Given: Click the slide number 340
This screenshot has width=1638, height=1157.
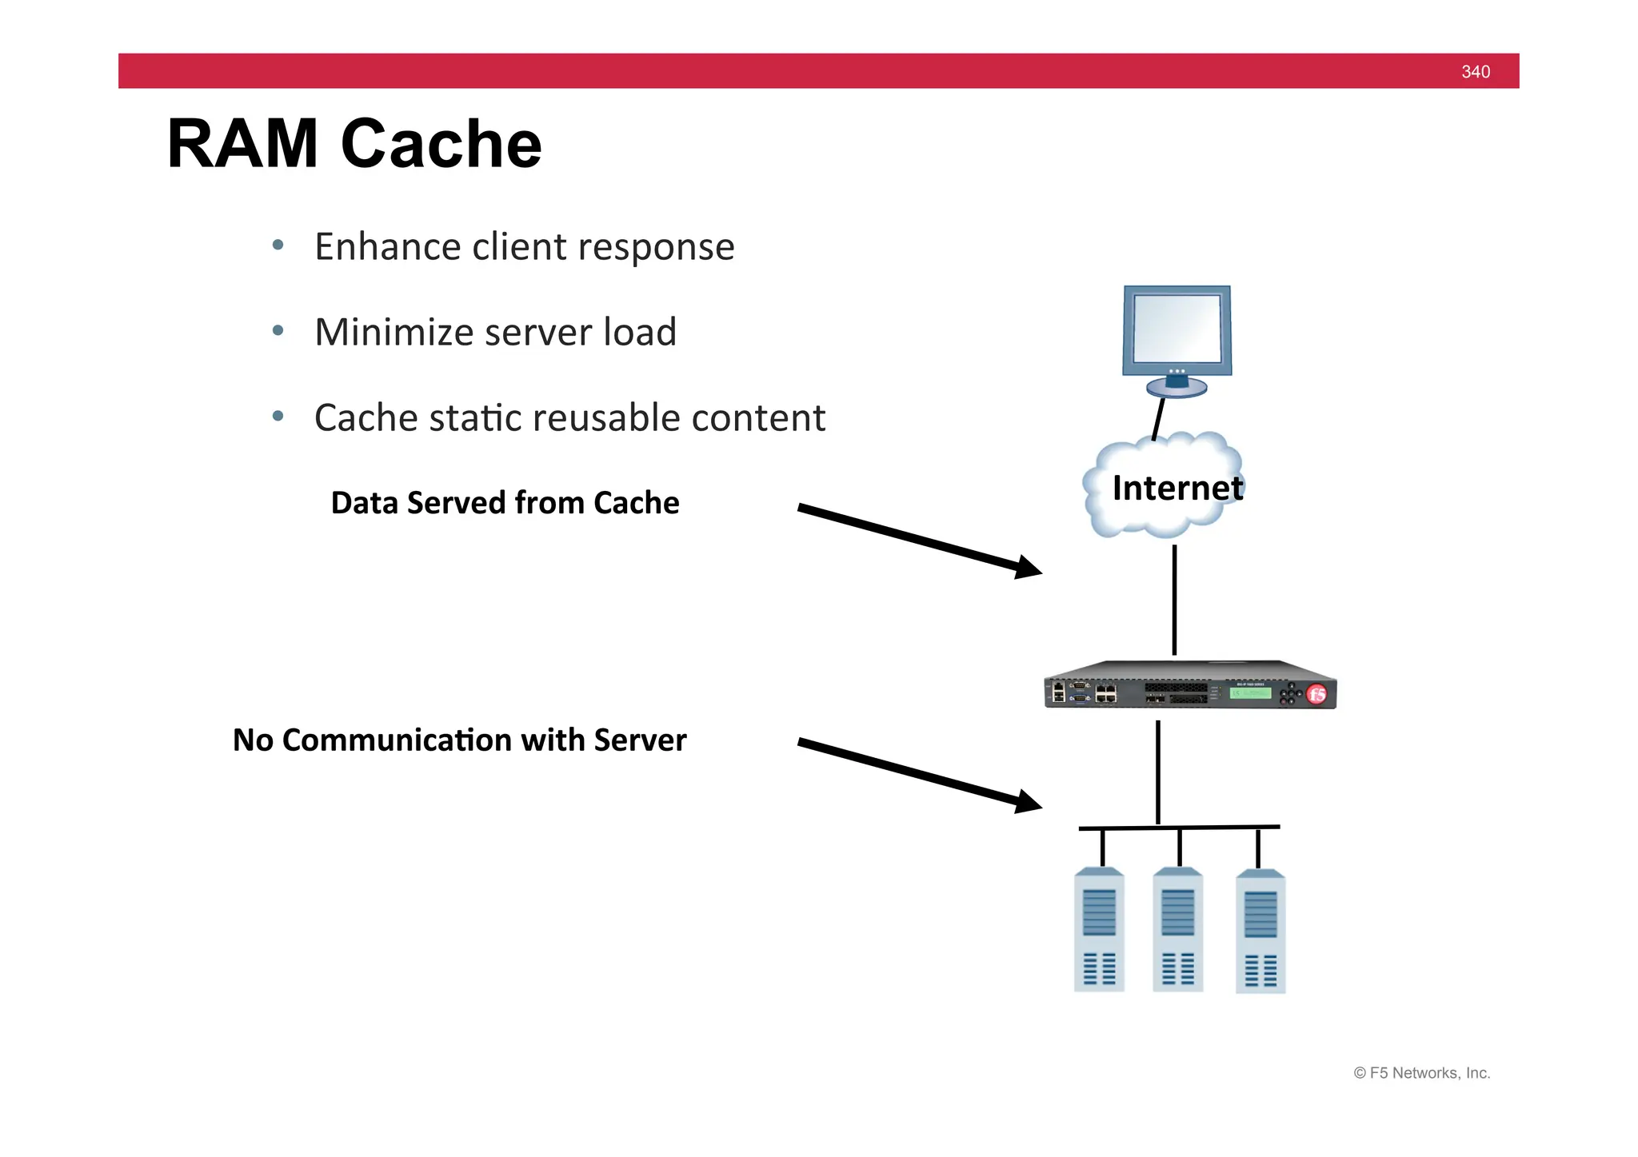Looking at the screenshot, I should (x=1475, y=72).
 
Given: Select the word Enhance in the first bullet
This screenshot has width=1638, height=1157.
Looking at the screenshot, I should (x=386, y=246).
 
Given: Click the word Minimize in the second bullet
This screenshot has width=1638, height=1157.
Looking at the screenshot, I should (x=390, y=332).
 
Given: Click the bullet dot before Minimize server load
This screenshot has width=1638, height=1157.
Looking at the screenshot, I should (x=278, y=330).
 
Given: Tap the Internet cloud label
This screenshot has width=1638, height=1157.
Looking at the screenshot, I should (x=1177, y=488).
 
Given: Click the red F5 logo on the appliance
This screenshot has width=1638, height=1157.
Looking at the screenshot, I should (x=1316, y=694).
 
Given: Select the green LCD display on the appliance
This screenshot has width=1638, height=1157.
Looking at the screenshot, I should (x=1250, y=692).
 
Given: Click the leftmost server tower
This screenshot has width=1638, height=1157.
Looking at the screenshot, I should (x=1099, y=930).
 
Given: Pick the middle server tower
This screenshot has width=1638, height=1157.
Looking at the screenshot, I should (x=1177, y=930).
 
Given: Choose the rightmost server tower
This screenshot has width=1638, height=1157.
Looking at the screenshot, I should (x=1260, y=932).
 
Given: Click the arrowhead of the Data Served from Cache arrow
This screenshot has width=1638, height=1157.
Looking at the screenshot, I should (x=1029, y=568).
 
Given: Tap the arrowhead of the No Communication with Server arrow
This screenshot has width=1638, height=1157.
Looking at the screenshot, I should (x=1029, y=802).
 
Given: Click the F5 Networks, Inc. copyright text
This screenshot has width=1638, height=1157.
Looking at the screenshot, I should (x=1421, y=1073).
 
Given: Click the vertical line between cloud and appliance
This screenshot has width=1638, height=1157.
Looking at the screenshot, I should (x=1174, y=600).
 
